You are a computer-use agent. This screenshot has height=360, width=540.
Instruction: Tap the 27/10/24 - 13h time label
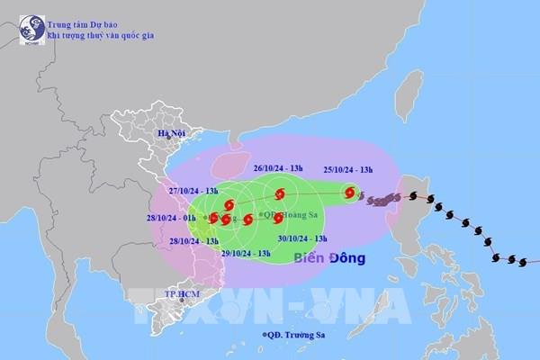(198, 191)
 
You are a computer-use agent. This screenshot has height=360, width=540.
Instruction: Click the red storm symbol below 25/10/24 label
(349, 193)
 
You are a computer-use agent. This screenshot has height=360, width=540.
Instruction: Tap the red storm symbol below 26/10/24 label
(280, 193)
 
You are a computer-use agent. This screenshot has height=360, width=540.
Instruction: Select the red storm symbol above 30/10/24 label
(278, 218)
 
